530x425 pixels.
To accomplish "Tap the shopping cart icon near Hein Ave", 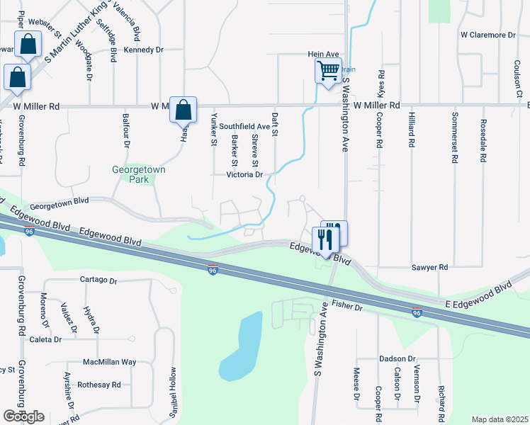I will click(327, 71).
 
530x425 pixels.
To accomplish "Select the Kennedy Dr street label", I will click(144, 50).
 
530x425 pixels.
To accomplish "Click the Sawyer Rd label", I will click(430, 268).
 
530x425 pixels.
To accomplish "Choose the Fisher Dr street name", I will click(347, 307).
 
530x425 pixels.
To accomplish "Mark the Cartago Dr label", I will click(98, 280).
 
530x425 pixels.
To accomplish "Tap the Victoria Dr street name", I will click(244, 174).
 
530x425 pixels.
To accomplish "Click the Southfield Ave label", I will click(244, 126).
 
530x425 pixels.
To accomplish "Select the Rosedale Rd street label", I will click(483, 140).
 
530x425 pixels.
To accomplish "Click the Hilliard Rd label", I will click(411, 128).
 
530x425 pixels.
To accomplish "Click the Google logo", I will click(23, 416).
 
